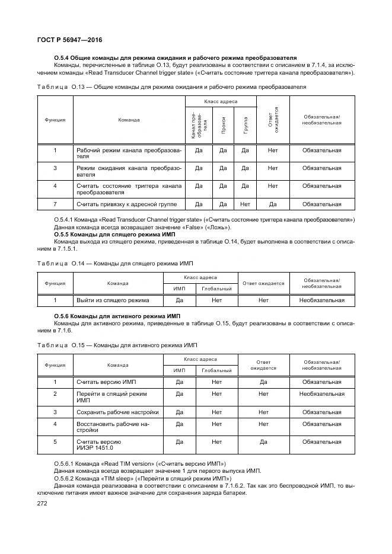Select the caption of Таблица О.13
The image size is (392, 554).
[x=171, y=87]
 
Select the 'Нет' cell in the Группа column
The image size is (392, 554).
[x=245, y=204]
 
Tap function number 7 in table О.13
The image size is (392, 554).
[x=55, y=204]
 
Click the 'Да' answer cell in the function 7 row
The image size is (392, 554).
[x=272, y=204]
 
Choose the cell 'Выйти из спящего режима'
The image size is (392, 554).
[x=113, y=300]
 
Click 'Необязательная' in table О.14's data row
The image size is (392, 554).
[x=321, y=300]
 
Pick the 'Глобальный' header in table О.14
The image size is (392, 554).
[x=216, y=289]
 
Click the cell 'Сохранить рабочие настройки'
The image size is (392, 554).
[x=117, y=411]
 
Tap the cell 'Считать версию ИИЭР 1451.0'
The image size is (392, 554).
[x=100, y=445]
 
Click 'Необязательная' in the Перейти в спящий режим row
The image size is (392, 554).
[x=321, y=393]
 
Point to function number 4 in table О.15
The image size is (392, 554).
[x=55, y=424]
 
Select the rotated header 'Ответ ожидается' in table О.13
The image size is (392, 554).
[x=272, y=120]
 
